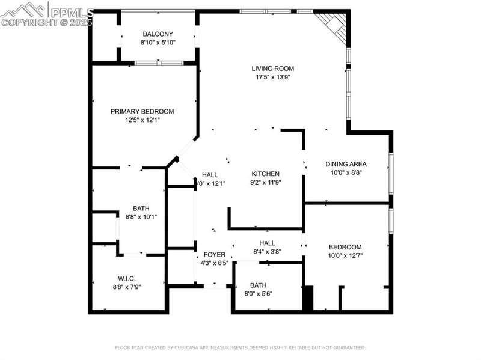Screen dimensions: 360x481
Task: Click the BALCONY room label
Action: [x=158, y=34]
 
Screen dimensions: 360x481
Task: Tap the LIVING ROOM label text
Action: [x=272, y=69]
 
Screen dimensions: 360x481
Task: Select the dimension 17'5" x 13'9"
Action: [x=272, y=77]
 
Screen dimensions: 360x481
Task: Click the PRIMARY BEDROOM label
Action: [x=142, y=111]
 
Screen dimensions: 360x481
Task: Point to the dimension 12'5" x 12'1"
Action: [x=142, y=120]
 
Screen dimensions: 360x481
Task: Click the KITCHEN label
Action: [x=265, y=174]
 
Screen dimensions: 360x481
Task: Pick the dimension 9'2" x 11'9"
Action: [x=265, y=182]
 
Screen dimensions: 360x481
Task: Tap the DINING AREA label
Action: [x=346, y=164]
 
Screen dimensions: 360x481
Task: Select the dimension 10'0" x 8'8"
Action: [x=346, y=172]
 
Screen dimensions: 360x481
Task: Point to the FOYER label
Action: [x=214, y=255]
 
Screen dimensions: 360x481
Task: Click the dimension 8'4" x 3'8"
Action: [x=267, y=252]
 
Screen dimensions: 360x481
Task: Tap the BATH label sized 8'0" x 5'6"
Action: [x=258, y=285]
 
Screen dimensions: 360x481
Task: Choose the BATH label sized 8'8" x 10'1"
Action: [x=141, y=208]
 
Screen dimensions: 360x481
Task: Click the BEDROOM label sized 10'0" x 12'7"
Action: [x=345, y=247]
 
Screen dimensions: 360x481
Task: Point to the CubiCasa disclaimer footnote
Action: [x=240, y=347]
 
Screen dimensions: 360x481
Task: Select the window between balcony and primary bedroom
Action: [x=158, y=63]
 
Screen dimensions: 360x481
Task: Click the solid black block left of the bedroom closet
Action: [x=307, y=298]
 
